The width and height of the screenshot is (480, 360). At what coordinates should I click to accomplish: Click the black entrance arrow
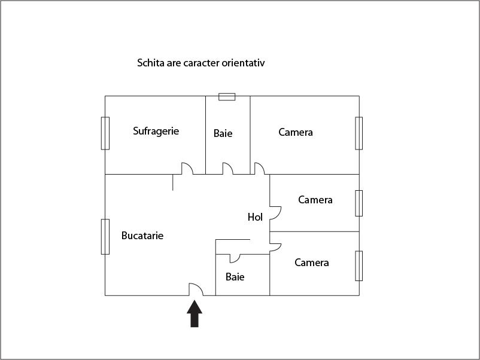(x=195, y=314)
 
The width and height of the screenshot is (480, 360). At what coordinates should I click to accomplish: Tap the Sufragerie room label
(x=156, y=131)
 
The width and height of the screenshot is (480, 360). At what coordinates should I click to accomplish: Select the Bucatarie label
(x=142, y=236)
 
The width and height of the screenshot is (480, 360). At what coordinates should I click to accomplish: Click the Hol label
(x=255, y=217)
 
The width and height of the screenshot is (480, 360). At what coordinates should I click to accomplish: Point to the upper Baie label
(x=223, y=133)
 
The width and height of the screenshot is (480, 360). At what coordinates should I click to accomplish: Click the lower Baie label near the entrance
(x=235, y=277)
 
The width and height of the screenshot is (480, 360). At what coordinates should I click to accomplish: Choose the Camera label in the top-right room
(x=296, y=132)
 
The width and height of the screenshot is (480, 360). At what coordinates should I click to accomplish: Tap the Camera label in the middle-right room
(x=315, y=200)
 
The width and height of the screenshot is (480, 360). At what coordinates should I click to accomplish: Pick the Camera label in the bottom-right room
(x=312, y=263)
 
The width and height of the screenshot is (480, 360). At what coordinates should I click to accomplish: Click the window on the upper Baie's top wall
(x=227, y=97)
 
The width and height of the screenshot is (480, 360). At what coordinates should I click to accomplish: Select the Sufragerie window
(x=105, y=133)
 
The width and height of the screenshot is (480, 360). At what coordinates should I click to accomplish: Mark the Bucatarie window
(x=105, y=237)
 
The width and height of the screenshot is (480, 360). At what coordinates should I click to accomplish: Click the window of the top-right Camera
(x=359, y=133)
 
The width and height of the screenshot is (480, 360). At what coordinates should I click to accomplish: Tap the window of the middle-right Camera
(x=359, y=203)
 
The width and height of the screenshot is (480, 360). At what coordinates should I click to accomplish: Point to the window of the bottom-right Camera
(x=359, y=266)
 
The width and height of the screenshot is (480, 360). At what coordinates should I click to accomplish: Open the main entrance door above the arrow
(x=196, y=289)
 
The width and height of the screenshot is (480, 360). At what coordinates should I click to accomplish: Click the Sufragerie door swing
(x=187, y=169)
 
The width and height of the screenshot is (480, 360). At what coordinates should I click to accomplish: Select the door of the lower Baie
(x=235, y=258)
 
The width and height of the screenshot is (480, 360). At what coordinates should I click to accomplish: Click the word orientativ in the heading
(x=243, y=63)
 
